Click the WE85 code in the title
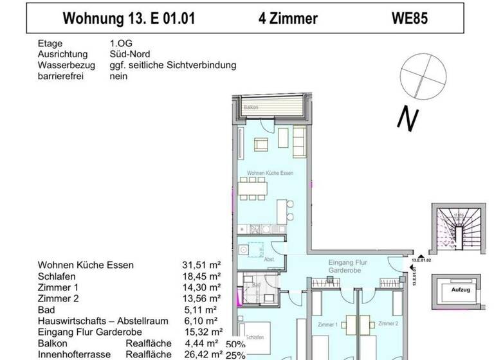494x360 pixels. [410, 19]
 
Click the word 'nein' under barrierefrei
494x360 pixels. [119, 76]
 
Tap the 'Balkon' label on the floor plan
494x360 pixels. [251, 109]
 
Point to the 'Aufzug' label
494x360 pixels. [459, 290]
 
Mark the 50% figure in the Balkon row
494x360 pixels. [236, 343]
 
